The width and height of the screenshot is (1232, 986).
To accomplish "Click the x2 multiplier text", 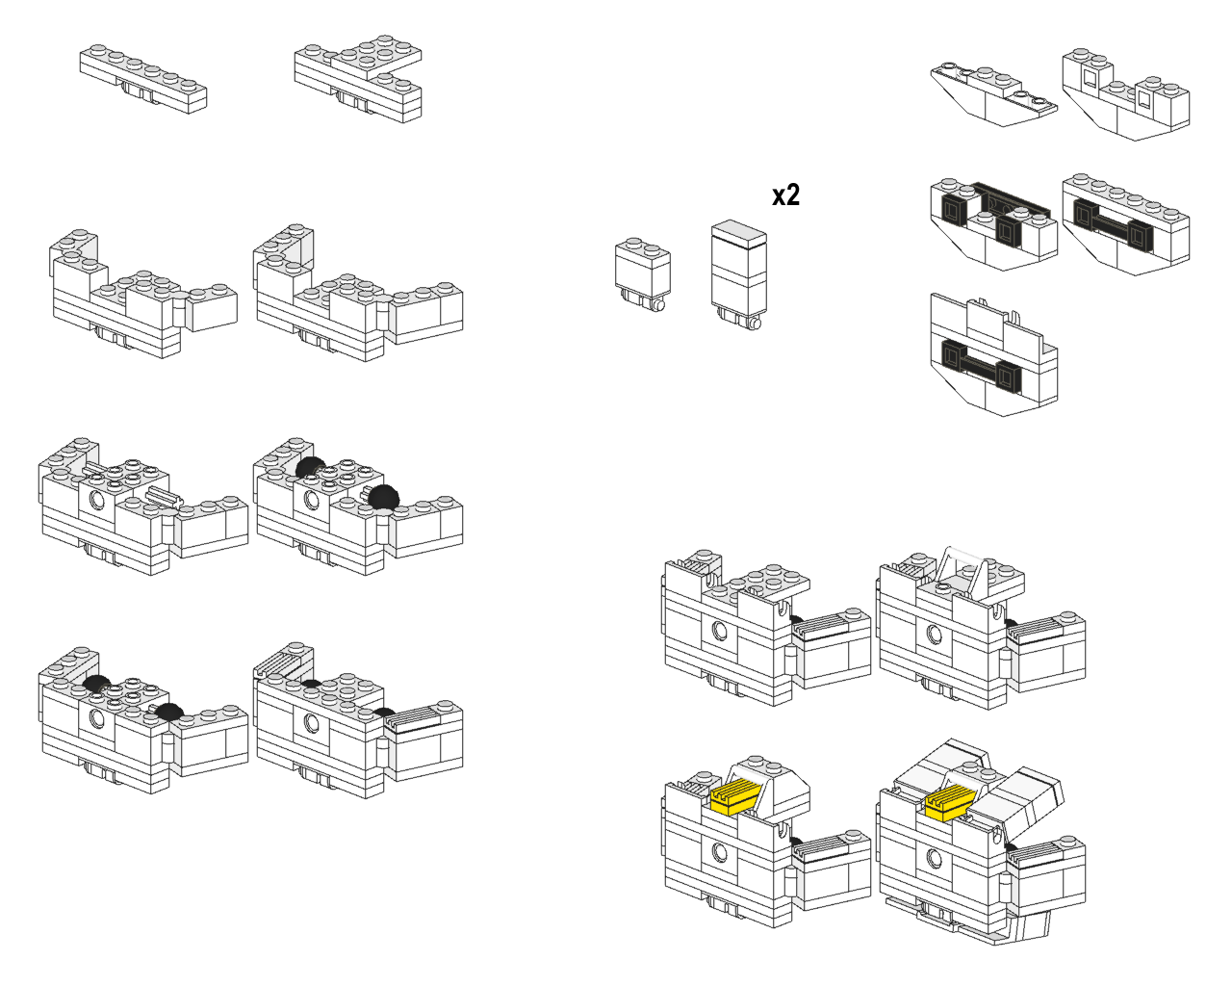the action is tap(785, 195).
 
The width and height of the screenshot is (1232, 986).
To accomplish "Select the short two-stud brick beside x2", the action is tap(642, 274).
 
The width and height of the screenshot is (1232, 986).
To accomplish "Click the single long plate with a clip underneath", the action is tap(143, 78).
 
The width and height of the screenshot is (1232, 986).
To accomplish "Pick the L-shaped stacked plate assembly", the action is tap(358, 78).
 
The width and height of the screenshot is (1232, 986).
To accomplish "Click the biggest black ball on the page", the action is tap(383, 497).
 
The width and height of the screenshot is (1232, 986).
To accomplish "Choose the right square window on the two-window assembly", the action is tap(1144, 98).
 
